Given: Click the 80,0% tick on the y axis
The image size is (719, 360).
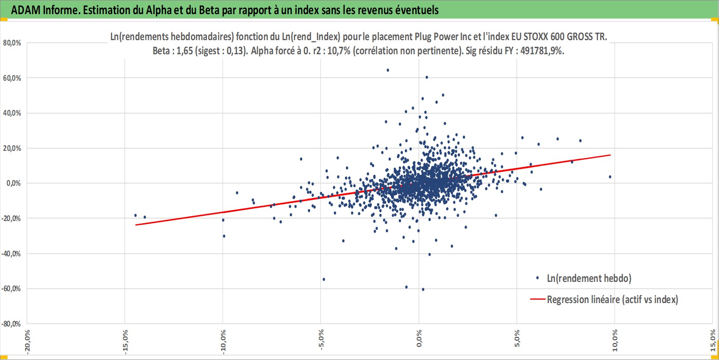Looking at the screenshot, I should point(12,43).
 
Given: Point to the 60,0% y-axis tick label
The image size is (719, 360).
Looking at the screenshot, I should point(12,78).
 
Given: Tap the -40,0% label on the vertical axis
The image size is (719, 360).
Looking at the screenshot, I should point(11,254).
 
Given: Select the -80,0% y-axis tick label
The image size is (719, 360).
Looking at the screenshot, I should point(11,324).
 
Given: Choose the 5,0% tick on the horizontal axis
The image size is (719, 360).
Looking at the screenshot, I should point(517,338).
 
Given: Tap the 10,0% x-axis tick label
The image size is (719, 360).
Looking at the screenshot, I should point(615,340).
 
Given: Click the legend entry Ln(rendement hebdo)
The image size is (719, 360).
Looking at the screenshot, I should point(589,278).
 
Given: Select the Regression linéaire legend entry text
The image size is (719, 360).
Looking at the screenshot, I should point(612,300).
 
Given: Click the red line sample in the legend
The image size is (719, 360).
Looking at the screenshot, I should point(538,299).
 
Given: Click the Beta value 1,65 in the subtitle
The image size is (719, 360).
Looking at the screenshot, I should point(185,51).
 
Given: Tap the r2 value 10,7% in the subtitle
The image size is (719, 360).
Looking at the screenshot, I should point(339,51).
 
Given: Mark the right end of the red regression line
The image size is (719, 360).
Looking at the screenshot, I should point(610,155).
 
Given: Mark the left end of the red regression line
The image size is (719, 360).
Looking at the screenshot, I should point(136,225).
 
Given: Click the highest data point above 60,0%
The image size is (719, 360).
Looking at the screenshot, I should point(388,70).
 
